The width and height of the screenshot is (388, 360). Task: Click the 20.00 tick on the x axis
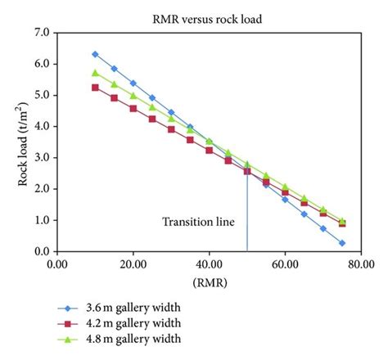pyautogui.click(x=133, y=264)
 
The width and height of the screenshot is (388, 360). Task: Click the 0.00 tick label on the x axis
pyautogui.click(x=57, y=264)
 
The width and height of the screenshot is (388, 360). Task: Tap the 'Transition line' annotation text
pyautogui.click(x=198, y=222)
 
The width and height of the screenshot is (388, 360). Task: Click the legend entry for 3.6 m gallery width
pyautogui.click(x=127, y=308)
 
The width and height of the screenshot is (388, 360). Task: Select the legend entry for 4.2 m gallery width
pyautogui.click(x=127, y=323)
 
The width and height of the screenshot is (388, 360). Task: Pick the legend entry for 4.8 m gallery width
pyautogui.click(x=127, y=338)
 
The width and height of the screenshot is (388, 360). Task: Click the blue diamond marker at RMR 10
pyautogui.click(x=95, y=54)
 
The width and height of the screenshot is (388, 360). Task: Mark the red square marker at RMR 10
pyautogui.click(x=95, y=88)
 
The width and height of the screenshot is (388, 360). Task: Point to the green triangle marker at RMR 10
pyautogui.click(x=95, y=73)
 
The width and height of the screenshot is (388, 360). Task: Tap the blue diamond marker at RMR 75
pyautogui.click(x=342, y=243)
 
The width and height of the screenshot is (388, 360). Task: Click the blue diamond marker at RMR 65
pyautogui.click(x=305, y=214)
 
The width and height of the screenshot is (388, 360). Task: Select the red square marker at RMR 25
pyautogui.click(x=152, y=119)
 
